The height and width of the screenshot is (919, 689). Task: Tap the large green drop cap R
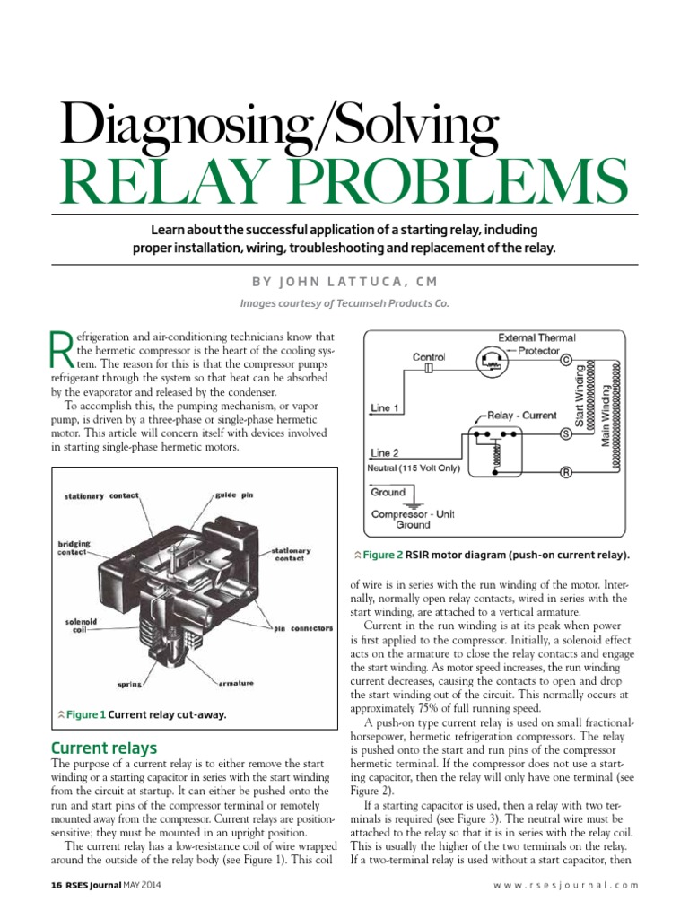pyautogui.click(x=58, y=349)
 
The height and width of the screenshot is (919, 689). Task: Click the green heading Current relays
pyautogui.click(x=104, y=748)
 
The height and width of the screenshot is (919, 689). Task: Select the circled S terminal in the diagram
pyautogui.click(x=566, y=433)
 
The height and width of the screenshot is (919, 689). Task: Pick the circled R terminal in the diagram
pyautogui.click(x=566, y=472)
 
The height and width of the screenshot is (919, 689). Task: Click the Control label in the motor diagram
pyautogui.click(x=428, y=356)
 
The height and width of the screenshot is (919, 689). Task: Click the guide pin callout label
pyautogui.click(x=231, y=495)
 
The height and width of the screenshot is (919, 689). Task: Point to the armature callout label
pyautogui.click(x=235, y=682)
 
